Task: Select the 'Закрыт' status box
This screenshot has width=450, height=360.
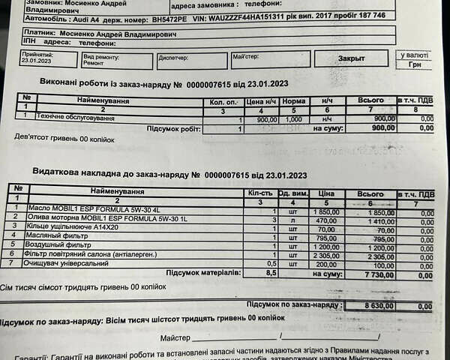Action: click(351, 58)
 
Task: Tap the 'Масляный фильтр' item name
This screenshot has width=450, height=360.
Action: click(58, 236)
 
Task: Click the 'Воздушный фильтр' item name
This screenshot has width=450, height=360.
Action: click(60, 245)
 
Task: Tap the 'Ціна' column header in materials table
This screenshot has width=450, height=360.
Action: click(325, 193)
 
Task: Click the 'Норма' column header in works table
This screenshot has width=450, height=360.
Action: click(295, 100)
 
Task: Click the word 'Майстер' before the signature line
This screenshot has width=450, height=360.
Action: click(176, 338)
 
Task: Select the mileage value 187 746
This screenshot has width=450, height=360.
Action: click(368, 15)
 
